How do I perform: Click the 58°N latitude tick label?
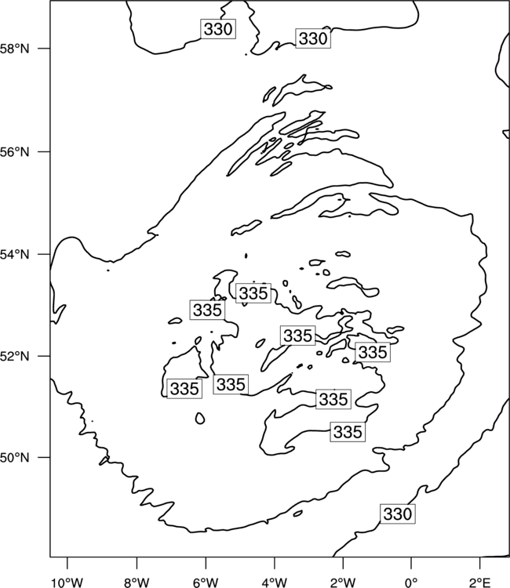[x=15, y=49]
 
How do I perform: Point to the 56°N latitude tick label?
[x=15, y=152]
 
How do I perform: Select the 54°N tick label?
[x=15, y=255]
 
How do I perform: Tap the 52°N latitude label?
[x=15, y=356]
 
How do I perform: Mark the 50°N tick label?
[x=15, y=458]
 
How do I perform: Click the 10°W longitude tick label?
[x=67, y=582]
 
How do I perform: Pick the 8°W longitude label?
[x=137, y=582]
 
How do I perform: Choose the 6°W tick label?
[x=206, y=582]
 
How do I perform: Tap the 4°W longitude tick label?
[x=275, y=582]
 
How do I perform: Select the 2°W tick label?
[x=343, y=582]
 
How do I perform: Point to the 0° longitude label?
[x=412, y=582]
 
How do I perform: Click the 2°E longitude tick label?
[x=480, y=582]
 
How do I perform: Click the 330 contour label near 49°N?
[x=398, y=514]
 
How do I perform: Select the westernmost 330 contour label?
[x=218, y=29]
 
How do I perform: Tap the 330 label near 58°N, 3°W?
[x=313, y=38]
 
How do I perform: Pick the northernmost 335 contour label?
[x=253, y=293]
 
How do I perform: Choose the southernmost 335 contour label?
[x=348, y=432]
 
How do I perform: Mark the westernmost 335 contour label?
[x=184, y=389]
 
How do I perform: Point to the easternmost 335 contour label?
[x=373, y=352]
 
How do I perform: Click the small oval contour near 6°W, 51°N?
[x=200, y=418]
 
